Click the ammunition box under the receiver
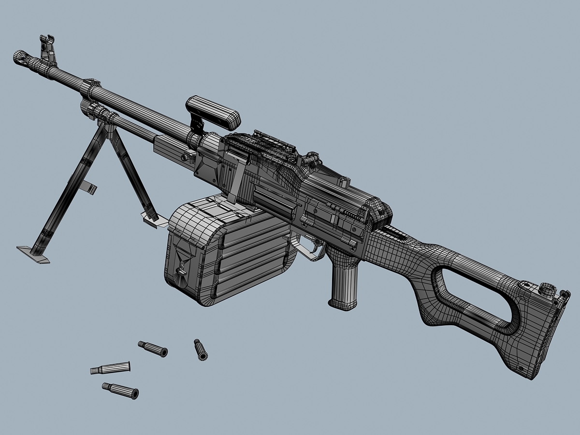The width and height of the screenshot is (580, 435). (227, 251)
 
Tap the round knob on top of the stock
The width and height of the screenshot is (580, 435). (547, 289)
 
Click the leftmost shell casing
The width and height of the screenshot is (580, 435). (110, 368)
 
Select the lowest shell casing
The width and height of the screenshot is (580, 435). (120, 390)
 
